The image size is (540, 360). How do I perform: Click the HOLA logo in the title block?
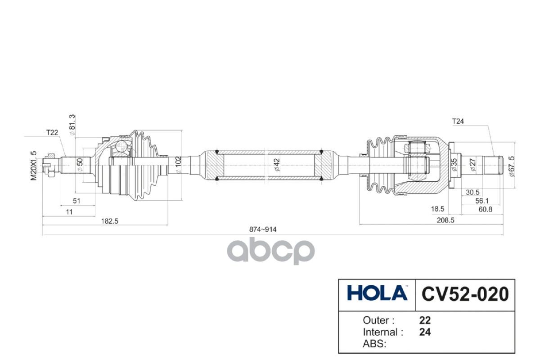(377, 292)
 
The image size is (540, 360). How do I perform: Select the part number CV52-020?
(465, 294)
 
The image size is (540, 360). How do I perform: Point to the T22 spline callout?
(52, 132)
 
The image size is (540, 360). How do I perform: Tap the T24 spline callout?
(458, 121)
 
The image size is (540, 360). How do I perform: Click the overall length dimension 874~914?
(262, 229)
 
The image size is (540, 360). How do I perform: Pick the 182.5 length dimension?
(110, 221)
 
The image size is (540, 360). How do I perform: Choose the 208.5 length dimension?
(445, 220)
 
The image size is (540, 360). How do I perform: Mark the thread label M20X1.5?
(33, 166)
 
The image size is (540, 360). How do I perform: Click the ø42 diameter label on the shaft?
(277, 165)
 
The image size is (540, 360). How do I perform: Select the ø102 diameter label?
(178, 165)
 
